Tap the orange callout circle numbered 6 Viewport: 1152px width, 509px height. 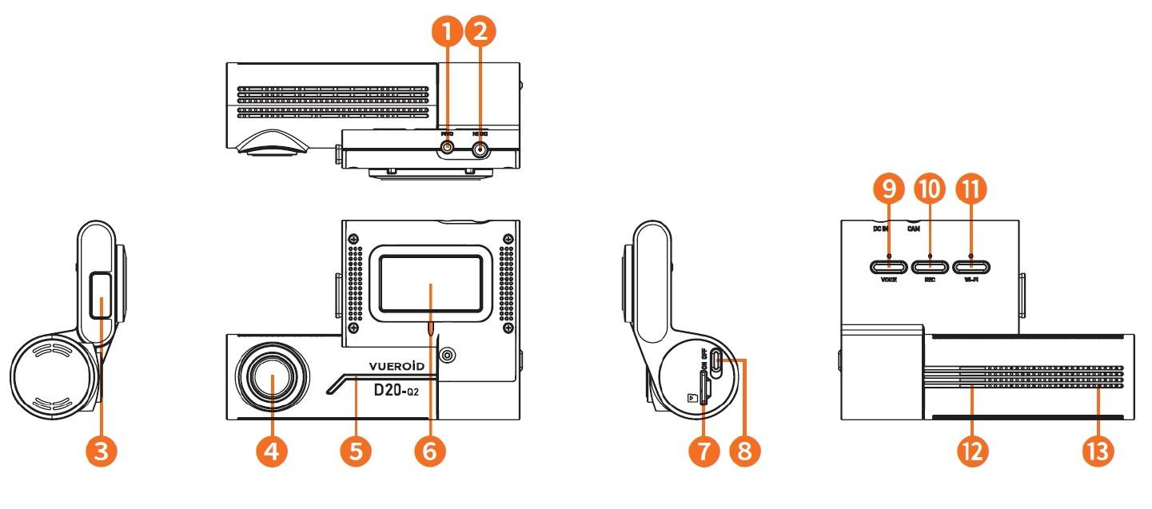pyautogui.click(x=430, y=451)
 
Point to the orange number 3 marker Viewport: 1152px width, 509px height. pyautogui.click(x=101, y=451)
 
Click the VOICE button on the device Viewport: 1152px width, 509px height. pyautogui.click(x=888, y=267)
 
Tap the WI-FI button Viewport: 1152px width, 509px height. pyautogui.click(x=971, y=267)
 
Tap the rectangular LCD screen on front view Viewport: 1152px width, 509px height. pyautogui.click(x=430, y=284)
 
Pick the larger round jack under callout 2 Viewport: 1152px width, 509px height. pyautogui.click(x=480, y=149)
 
